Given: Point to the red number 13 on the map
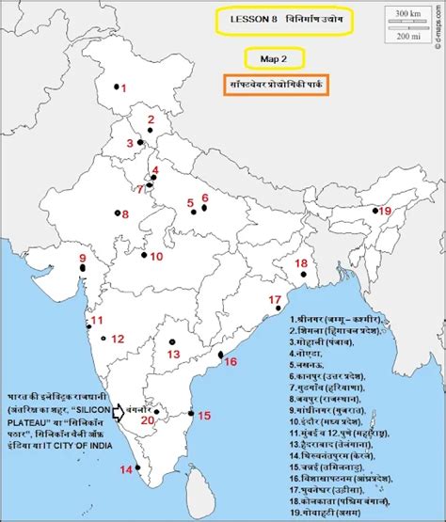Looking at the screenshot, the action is pyautogui.click(x=173, y=354).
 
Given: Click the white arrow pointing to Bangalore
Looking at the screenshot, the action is pyautogui.click(x=121, y=412).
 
